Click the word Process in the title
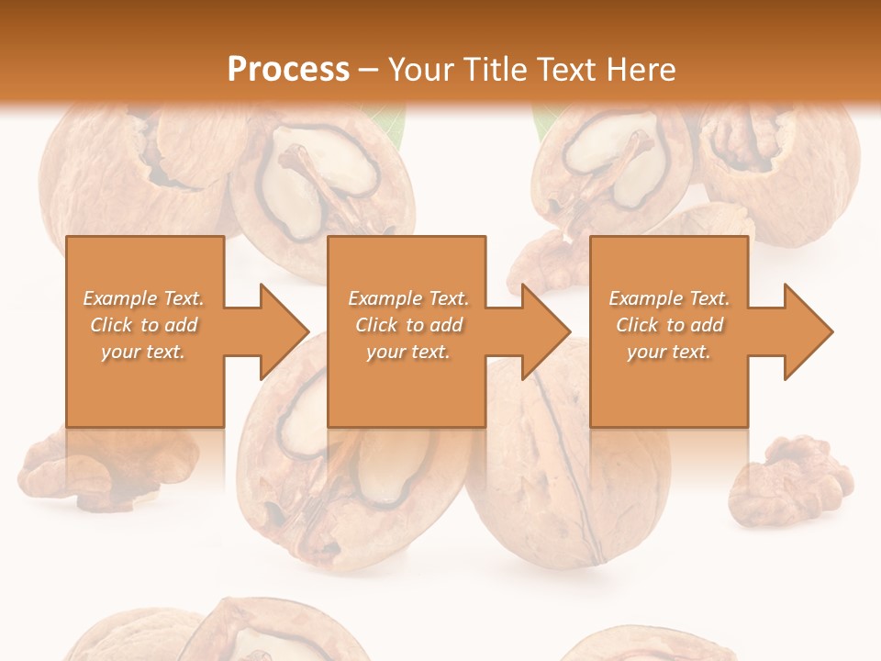(x=288, y=69)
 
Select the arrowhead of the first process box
(x=284, y=331)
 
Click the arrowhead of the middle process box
(x=545, y=331)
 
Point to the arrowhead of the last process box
(x=808, y=331)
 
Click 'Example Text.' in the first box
(x=143, y=298)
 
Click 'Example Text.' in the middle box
(x=407, y=298)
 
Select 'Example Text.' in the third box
(x=669, y=298)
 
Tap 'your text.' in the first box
(x=143, y=352)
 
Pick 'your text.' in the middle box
(x=407, y=352)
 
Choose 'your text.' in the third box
(x=669, y=352)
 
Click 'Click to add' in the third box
(x=669, y=325)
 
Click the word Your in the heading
(x=418, y=69)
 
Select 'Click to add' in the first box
(x=143, y=325)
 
